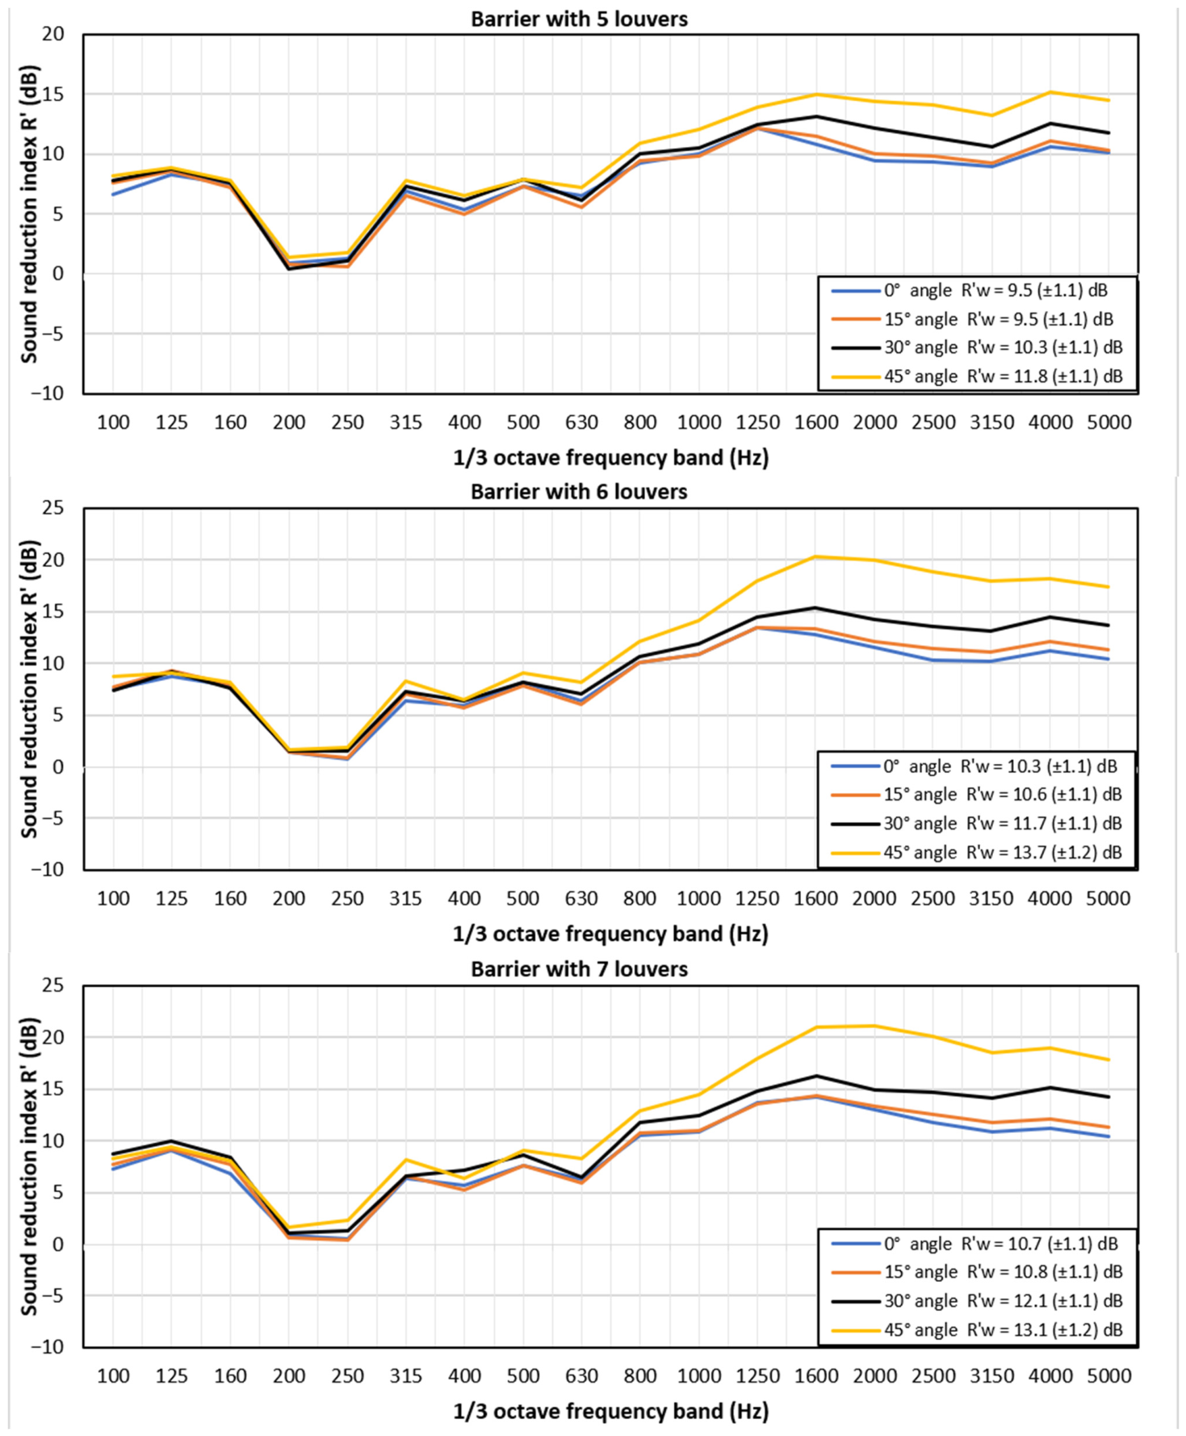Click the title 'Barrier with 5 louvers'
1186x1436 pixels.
click(579, 19)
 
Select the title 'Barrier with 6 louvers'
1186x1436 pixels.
click(579, 492)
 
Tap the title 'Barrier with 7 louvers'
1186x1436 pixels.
click(579, 969)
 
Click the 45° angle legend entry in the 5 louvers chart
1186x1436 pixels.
click(977, 376)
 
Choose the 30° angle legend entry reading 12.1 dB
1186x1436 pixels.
click(977, 1301)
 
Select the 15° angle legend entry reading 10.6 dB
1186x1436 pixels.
click(977, 795)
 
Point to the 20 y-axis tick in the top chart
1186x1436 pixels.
click(53, 34)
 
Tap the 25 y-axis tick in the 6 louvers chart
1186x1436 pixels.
click(53, 508)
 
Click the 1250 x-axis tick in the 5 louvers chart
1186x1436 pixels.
click(757, 422)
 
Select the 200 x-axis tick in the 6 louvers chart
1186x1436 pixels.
click(288, 899)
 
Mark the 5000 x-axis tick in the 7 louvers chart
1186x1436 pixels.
click(1109, 1376)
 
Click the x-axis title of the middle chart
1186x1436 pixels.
click(610, 934)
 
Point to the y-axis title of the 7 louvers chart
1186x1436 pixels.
click(29, 1166)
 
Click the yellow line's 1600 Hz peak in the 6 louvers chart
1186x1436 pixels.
click(816, 556)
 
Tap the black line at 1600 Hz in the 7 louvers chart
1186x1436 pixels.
click(816, 1076)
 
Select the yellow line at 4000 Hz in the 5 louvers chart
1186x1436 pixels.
click(1050, 92)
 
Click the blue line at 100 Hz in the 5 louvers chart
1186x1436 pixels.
click(113, 195)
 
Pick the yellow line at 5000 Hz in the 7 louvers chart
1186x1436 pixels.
click(1109, 1060)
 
